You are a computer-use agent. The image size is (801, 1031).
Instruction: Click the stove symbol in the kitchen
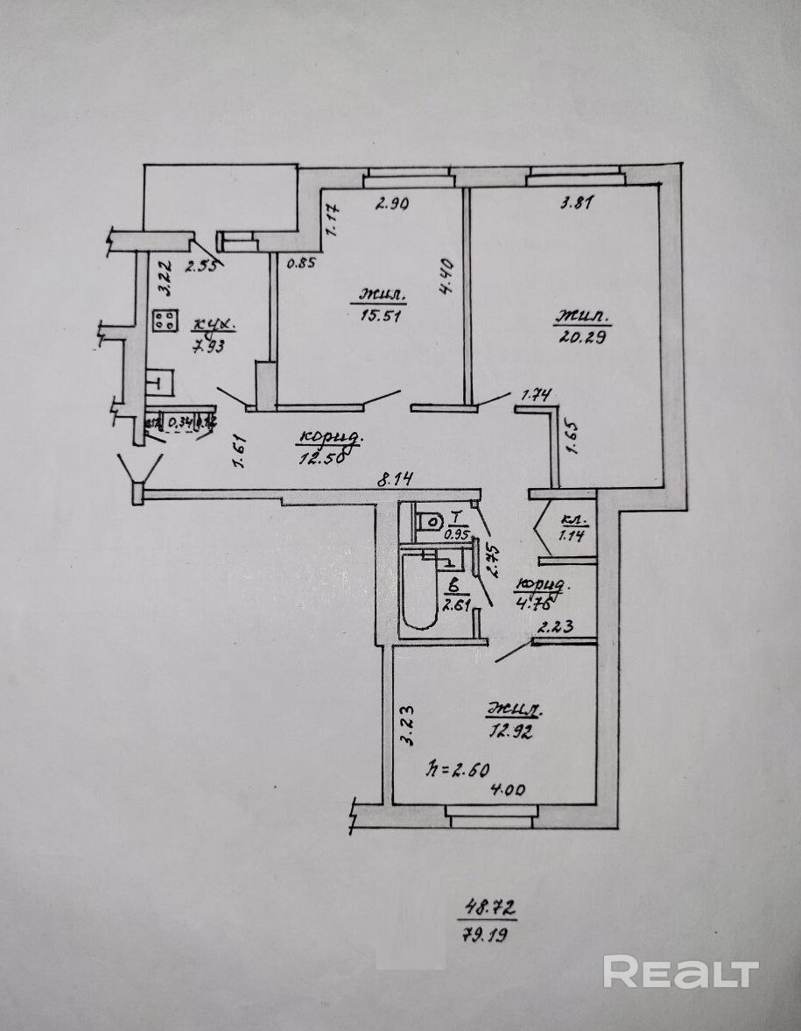pyautogui.click(x=164, y=321)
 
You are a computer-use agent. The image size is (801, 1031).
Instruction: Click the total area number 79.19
pyautogui.click(x=487, y=934)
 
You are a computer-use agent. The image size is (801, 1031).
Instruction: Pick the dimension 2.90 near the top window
pyautogui.click(x=392, y=204)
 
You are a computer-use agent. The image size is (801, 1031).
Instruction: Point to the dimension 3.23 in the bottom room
pyautogui.click(x=405, y=725)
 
